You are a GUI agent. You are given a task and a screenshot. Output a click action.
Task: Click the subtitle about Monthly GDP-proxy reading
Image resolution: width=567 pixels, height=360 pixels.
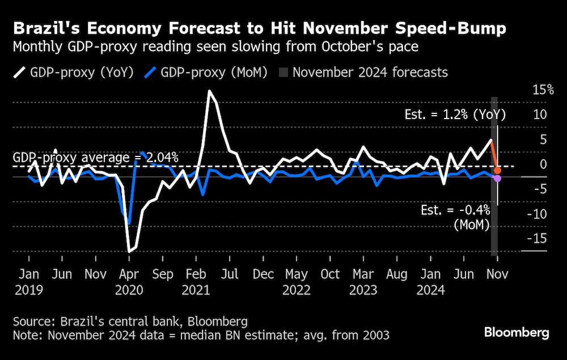pyautogui.click(x=215, y=46)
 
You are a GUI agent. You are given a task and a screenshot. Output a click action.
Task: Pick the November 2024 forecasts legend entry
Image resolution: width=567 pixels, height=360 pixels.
pyautogui.click(x=363, y=73)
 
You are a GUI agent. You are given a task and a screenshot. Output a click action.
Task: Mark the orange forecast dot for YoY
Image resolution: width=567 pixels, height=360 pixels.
pyautogui.click(x=497, y=171)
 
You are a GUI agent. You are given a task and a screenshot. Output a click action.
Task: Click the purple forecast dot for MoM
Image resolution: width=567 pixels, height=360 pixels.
pyautogui.click(x=497, y=179)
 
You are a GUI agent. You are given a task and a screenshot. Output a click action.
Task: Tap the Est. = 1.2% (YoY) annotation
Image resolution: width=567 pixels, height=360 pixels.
pyautogui.click(x=455, y=115)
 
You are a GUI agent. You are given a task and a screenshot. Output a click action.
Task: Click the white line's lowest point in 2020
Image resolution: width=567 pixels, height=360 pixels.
pyautogui.click(x=130, y=251)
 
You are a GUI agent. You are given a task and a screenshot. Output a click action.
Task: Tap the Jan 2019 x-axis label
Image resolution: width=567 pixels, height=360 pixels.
pyautogui.click(x=27, y=281)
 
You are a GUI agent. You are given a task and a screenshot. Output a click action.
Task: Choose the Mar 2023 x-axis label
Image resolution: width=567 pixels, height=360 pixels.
pyautogui.click(x=363, y=281)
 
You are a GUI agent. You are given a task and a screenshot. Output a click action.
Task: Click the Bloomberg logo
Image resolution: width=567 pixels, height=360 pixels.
pyautogui.click(x=516, y=333)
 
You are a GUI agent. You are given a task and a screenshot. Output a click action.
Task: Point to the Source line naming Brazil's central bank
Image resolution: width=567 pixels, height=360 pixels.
pyautogui.click(x=130, y=321)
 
